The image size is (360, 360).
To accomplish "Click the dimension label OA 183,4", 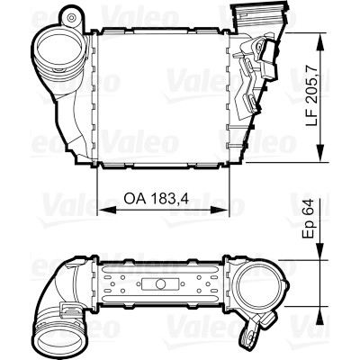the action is point(157,198).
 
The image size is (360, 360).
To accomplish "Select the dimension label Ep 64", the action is point(309,219).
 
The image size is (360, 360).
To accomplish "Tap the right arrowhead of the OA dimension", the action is point(219,210).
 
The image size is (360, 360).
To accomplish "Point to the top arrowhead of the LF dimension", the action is point(321,43).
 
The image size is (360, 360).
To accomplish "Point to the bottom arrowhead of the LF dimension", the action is point(321,152).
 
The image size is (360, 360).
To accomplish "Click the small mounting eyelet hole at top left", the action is point(71,17).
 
